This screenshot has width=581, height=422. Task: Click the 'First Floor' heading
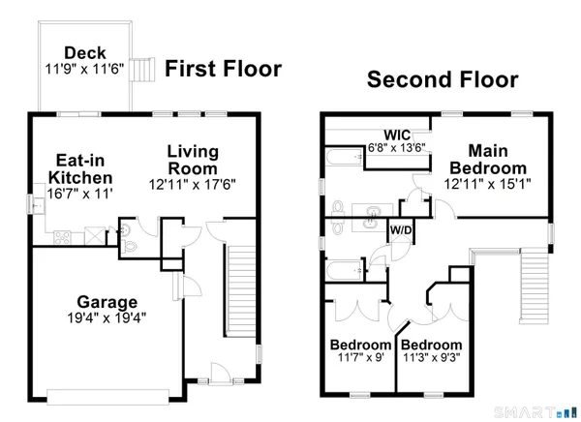tap(223, 69)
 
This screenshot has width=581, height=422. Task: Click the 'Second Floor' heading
tap(442, 79)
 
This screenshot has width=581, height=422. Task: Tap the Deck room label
tap(84, 52)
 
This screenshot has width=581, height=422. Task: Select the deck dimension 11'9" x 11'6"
tap(84, 69)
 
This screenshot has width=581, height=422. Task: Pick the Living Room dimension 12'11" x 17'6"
tap(193, 184)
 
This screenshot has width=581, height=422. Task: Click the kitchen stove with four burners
tap(62, 234)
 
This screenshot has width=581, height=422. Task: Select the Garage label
tap(107, 302)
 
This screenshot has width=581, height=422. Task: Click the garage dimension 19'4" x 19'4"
tap(107, 318)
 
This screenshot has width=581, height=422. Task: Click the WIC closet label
tap(398, 134)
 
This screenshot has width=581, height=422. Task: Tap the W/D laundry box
tap(399, 230)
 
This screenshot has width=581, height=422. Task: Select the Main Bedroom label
tap(496, 159)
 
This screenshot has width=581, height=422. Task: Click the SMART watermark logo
tap(535, 412)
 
